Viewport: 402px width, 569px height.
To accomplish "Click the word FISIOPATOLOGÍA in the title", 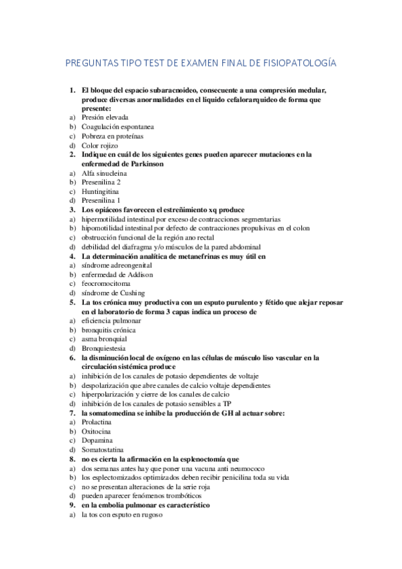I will pyautogui.click(x=297, y=63).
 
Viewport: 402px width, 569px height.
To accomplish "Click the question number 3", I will pyautogui.click(x=72, y=210).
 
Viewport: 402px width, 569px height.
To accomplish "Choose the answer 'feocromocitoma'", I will pyautogui.click(x=108, y=284).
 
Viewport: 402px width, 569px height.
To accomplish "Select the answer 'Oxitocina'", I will pyautogui.click(x=97, y=432).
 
